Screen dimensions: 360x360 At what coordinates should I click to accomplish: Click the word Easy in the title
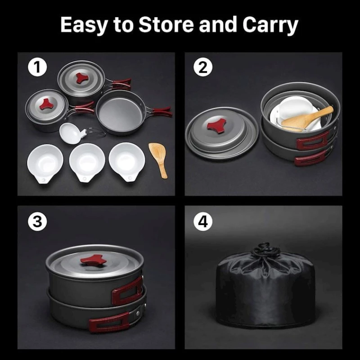tap(85, 25)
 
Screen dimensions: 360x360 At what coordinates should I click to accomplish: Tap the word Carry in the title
tap(270, 25)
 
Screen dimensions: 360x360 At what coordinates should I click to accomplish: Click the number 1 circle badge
tap(37, 67)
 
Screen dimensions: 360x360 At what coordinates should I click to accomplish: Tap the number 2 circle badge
tap(203, 67)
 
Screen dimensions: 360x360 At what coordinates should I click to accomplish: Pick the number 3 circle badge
tap(37, 221)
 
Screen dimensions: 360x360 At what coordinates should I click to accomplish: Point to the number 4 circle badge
tap(203, 221)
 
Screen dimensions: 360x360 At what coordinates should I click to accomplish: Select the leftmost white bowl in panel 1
tap(45, 163)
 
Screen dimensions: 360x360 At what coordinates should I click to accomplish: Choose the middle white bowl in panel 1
tap(87, 162)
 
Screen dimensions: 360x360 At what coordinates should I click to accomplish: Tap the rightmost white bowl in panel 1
tap(127, 162)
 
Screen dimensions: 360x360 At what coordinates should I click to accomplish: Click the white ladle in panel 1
tap(76, 133)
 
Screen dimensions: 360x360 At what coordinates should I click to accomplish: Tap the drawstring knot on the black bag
tap(264, 250)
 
